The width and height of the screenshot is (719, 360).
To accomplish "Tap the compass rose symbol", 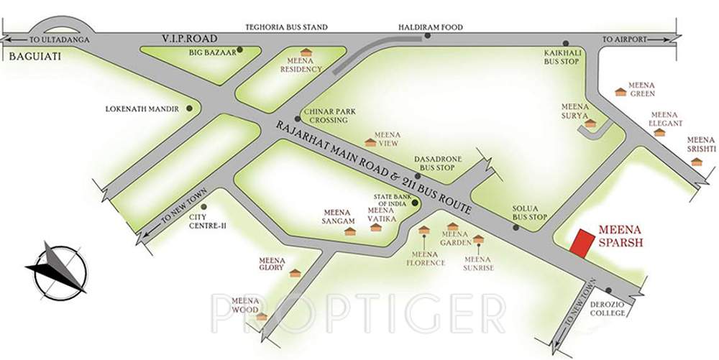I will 57,269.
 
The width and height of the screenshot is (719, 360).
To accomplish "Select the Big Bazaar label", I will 212,52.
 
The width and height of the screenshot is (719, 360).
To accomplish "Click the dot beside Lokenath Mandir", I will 189,109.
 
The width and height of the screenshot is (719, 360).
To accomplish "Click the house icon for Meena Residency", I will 306,52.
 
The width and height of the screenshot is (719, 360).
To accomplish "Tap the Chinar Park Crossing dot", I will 297,119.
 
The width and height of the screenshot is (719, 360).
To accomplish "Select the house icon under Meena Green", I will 620,92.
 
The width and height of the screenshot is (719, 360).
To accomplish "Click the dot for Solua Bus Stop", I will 516,228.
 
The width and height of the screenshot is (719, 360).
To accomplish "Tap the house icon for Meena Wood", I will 262,316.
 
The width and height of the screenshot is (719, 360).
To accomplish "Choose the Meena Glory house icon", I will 294,273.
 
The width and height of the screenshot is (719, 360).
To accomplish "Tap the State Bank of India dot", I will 415,203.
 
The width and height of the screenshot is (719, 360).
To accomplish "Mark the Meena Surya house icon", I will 590,124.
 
